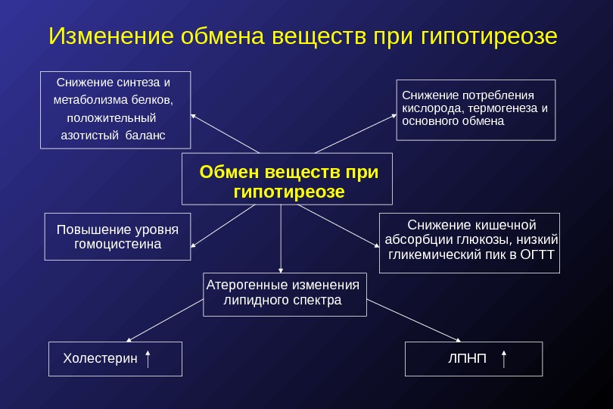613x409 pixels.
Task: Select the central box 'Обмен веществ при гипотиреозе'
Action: click(x=287, y=180)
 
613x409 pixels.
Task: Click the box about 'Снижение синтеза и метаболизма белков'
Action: click(x=115, y=109)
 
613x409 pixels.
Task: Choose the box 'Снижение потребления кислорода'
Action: click(x=475, y=110)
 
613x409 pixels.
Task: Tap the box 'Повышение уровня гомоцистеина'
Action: click(x=117, y=237)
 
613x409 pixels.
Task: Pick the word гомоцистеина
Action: click(x=118, y=245)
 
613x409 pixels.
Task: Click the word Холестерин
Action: click(x=100, y=358)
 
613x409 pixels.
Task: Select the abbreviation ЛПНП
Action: click(x=467, y=357)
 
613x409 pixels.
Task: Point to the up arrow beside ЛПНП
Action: click(x=504, y=358)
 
